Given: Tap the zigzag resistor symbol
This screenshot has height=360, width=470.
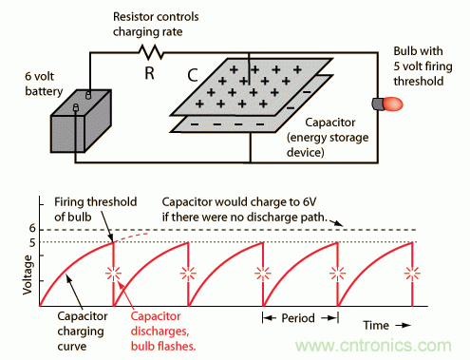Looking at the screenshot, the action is (x=151, y=52).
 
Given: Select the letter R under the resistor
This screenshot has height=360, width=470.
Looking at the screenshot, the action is (x=150, y=73).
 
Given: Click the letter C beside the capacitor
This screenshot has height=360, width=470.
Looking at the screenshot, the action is (x=193, y=76).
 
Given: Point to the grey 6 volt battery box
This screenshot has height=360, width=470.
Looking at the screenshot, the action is (x=81, y=121).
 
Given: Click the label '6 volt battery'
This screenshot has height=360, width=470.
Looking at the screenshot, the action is (x=44, y=84).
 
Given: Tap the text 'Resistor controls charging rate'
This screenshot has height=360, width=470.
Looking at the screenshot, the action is (x=156, y=24).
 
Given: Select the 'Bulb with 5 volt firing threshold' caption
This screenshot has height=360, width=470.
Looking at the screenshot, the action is (x=423, y=66).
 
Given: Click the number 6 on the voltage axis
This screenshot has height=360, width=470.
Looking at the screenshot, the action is (x=32, y=228).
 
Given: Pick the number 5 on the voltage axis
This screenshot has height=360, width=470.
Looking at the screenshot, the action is (x=32, y=243).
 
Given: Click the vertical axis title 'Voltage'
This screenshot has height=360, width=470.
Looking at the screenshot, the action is (x=28, y=275).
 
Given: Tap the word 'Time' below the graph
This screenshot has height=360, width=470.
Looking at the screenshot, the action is (x=376, y=326).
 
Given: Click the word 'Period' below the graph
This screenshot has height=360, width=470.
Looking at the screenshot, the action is (x=298, y=318).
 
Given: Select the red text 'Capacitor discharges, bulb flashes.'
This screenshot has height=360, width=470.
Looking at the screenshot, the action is (x=163, y=331).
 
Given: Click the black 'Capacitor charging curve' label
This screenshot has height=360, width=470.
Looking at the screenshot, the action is (x=83, y=332).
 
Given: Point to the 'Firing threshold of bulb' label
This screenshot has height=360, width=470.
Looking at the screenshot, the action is (x=96, y=209).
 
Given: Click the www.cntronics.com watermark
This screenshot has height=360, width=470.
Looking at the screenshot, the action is (x=373, y=345).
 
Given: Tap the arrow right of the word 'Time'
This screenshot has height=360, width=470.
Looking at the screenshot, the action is (x=404, y=325).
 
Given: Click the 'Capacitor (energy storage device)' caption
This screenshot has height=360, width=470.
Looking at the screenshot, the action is (x=328, y=138).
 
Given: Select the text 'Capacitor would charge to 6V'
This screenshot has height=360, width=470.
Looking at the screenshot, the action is (x=239, y=201).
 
